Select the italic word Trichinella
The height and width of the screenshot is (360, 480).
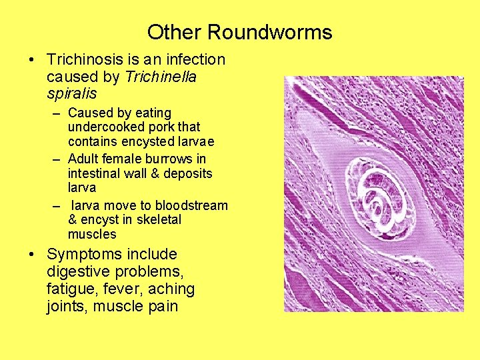click(x=161, y=77)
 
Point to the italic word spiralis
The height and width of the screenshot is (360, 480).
click(x=72, y=94)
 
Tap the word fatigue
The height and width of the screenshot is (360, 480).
click(x=70, y=289)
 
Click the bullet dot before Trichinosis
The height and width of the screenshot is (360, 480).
click(x=31, y=60)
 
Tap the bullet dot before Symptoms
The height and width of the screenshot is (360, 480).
click(x=31, y=255)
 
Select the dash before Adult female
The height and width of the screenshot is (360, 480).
click(x=57, y=159)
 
